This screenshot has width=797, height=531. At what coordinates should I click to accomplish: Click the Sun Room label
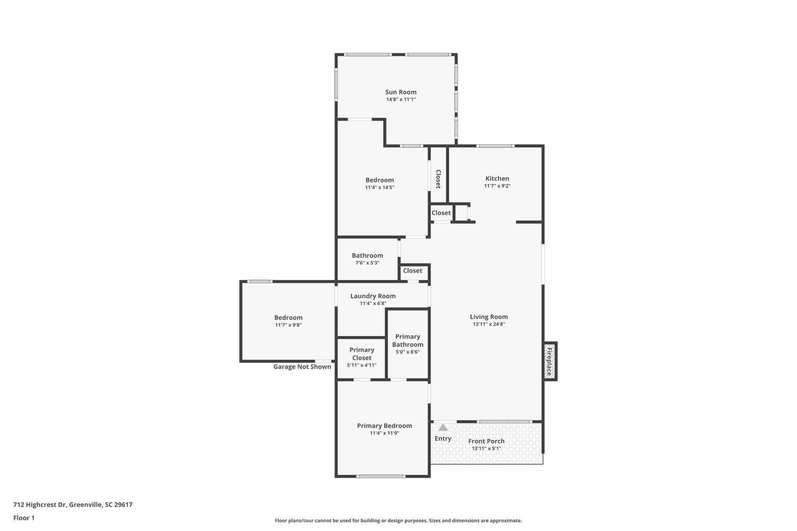401,92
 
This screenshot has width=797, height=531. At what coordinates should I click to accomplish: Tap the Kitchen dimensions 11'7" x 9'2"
497,186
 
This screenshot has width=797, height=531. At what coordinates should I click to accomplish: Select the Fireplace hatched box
549,361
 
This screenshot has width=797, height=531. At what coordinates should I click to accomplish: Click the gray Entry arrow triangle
443,428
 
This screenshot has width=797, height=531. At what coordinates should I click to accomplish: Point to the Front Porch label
486,441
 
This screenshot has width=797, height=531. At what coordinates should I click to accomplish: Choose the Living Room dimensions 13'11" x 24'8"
489,324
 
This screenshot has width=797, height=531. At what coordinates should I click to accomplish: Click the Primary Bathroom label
407,340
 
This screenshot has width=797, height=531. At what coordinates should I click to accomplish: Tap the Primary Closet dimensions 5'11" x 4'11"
362,365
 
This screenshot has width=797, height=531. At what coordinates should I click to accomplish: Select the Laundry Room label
373,296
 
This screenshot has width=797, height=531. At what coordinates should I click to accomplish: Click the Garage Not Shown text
302,366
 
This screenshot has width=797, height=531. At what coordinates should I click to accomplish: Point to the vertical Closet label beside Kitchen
438,179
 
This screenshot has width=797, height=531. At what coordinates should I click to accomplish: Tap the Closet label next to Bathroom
413,271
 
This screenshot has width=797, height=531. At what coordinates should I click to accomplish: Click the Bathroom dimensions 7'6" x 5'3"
367,263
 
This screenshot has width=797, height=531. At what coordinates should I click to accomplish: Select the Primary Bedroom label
384,426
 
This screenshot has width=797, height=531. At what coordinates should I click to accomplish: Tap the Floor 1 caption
24,518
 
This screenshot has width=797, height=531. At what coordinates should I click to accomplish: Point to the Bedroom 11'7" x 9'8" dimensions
288,325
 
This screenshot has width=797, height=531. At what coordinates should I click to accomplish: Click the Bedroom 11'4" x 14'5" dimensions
379,188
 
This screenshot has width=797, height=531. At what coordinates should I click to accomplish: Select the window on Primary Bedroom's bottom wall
381,476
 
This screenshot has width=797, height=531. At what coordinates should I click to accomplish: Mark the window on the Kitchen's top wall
495,146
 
